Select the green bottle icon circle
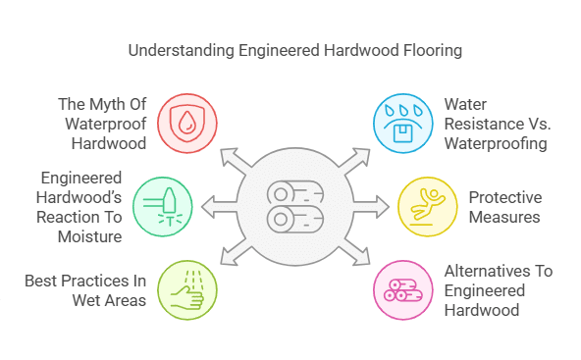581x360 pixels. tap(161, 206)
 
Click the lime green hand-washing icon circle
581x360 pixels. tap(185, 288)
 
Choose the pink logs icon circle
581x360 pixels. tap(400, 288)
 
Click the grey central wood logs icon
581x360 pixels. tap(292, 204)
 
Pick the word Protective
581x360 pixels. tap(504, 197)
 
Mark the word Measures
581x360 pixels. tap(504, 216)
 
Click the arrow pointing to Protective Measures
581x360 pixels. tap(380, 206)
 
